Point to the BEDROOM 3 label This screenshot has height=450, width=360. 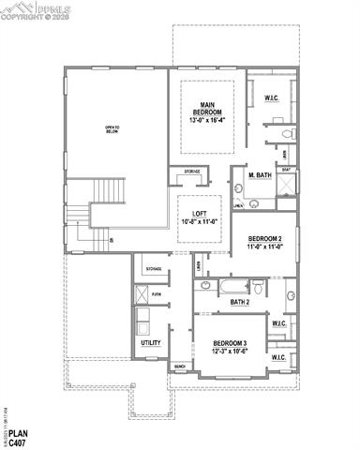[x=230, y=343]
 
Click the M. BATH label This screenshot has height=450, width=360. [x=259, y=175]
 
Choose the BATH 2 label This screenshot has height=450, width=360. [x=240, y=302]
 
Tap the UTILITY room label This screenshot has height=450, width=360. [x=150, y=343]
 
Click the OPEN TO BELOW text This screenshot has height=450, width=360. [x=113, y=129]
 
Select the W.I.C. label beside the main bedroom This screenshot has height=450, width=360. [x=272, y=97]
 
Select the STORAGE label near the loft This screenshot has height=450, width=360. [x=191, y=172]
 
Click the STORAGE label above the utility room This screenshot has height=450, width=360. [x=154, y=269]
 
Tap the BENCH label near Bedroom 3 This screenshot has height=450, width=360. [x=179, y=366]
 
